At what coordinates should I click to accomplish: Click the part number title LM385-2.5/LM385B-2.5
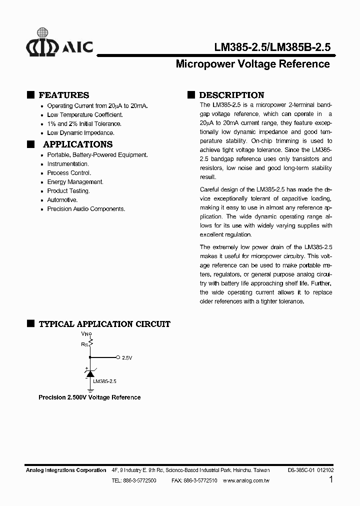(x=272, y=47)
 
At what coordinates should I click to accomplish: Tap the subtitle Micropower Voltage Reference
(x=253, y=64)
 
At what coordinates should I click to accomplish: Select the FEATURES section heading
(x=63, y=95)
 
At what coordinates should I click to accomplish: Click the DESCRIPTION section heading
(x=231, y=95)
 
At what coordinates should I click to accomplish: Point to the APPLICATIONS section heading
(x=77, y=144)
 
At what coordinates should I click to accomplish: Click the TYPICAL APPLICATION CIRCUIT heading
(x=104, y=324)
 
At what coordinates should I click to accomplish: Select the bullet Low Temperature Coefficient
(x=84, y=115)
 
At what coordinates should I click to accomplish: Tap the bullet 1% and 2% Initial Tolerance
(x=84, y=124)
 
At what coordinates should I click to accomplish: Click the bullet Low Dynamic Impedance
(x=80, y=133)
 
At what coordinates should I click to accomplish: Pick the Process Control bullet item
(x=69, y=173)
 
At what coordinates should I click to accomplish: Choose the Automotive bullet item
(x=62, y=200)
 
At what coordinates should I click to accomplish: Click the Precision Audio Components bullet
(x=86, y=209)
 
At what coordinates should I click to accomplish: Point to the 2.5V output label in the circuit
(x=127, y=358)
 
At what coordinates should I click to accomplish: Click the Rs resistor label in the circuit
(x=84, y=344)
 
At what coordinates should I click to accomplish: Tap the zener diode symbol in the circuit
(x=90, y=373)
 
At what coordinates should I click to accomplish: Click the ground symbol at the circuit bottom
(x=90, y=389)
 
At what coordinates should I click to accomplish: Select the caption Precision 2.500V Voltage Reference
(x=89, y=397)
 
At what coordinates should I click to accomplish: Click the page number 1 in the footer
(x=331, y=479)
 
